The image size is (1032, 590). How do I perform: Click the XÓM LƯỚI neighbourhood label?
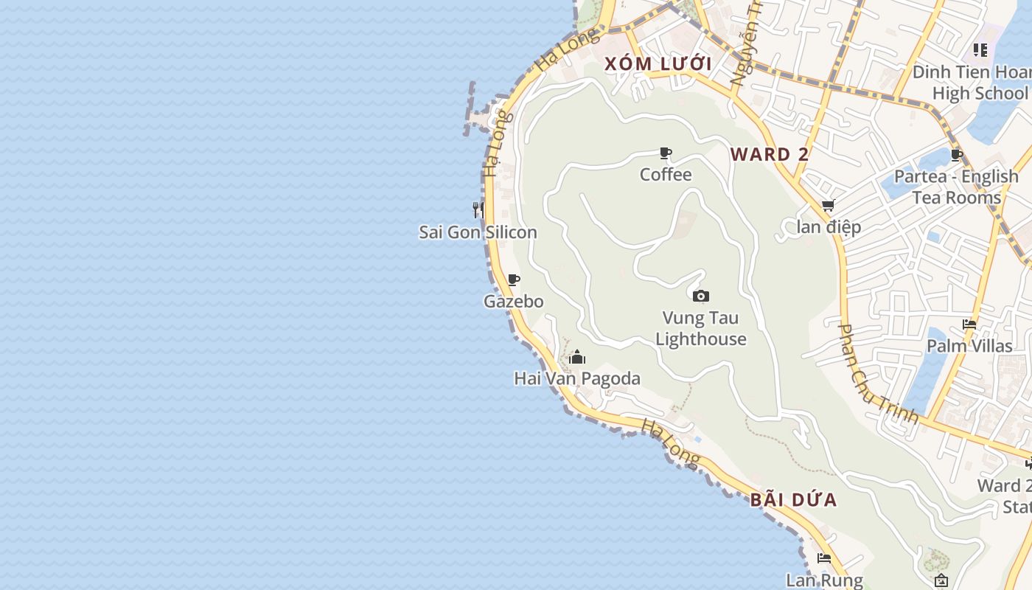(x=658, y=64)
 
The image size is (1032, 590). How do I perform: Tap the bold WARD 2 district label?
(x=770, y=154)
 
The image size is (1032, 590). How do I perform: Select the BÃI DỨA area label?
(x=794, y=500)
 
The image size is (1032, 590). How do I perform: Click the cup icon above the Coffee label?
(x=666, y=153)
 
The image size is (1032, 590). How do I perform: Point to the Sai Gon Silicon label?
(x=478, y=232)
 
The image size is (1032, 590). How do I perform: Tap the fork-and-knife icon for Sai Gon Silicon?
(x=478, y=210)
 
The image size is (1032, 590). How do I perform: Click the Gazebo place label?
(x=514, y=301)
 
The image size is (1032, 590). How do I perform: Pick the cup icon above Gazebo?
(x=514, y=280)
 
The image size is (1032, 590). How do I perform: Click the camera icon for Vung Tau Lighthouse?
(x=701, y=296)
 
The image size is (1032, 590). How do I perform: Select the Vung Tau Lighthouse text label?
(x=701, y=329)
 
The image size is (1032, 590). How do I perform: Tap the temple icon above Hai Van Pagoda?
(x=577, y=358)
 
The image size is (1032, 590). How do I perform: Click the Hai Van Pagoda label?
(x=577, y=378)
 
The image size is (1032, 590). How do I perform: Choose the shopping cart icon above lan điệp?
(x=829, y=206)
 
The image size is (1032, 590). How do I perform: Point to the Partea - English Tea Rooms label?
(x=956, y=187)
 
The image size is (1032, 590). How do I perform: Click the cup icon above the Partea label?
(x=957, y=155)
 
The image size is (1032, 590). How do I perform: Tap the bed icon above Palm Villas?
(x=969, y=324)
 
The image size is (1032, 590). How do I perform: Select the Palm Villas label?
(x=969, y=345)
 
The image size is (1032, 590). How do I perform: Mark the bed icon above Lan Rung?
(x=824, y=559)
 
